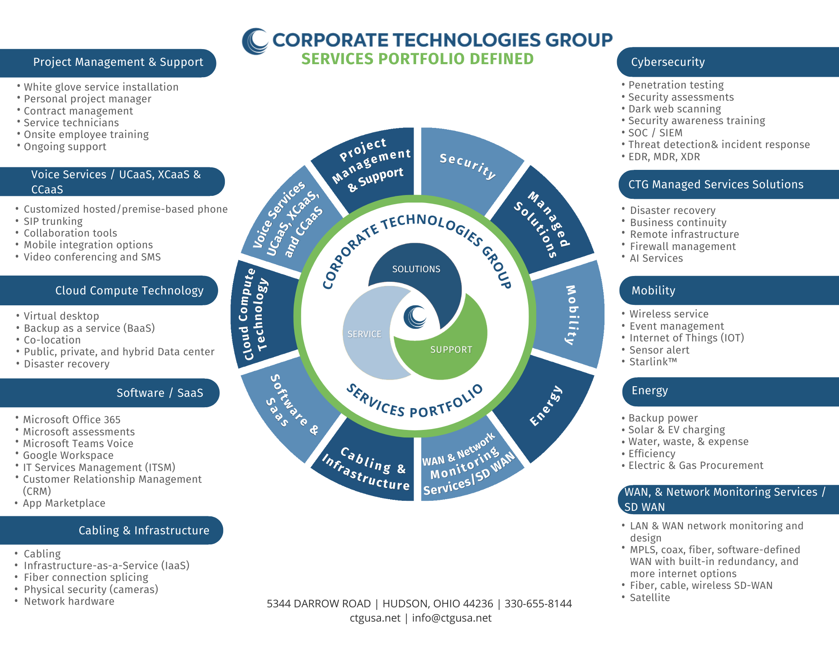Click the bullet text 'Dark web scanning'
[675, 109]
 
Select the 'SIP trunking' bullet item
[53, 221]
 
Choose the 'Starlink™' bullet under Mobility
[653, 362]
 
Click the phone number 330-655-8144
[538, 604]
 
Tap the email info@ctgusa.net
[451, 618]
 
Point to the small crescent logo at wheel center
[415, 317]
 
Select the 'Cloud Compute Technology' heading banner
[109, 290]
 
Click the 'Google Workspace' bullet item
[68, 455]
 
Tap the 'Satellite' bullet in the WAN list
[650, 598]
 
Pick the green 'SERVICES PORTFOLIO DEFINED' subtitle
[417, 59]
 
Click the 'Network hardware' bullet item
[69, 601]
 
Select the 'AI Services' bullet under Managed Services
[656, 258]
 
